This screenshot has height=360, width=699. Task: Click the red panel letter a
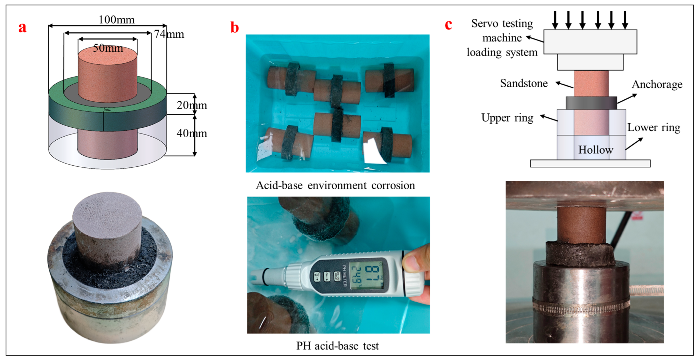(x=23, y=27)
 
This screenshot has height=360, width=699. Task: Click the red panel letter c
(x=448, y=25)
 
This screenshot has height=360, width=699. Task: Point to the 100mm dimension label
(x=116, y=20)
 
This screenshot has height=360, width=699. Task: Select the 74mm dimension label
(x=169, y=34)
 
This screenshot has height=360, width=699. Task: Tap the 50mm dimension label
(x=108, y=48)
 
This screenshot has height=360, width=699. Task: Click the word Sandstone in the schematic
(x=524, y=83)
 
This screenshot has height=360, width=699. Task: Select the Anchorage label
(x=657, y=84)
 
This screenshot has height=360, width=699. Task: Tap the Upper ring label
(x=507, y=118)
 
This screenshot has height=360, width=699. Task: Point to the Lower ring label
(x=654, y=127)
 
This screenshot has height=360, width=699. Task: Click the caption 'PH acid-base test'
(x=337, y=346)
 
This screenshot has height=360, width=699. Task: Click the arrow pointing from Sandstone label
(x=564, y=85)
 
